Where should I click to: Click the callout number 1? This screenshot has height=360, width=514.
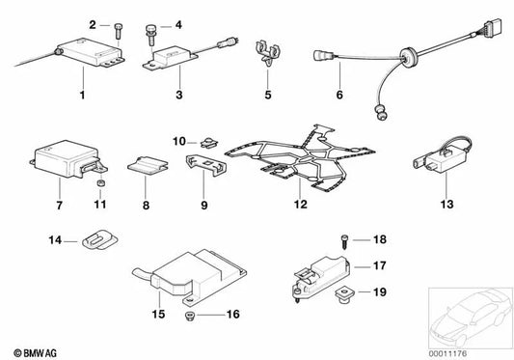[x=83, y=95]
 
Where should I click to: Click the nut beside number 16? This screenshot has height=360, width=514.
[x=189, y=317]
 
